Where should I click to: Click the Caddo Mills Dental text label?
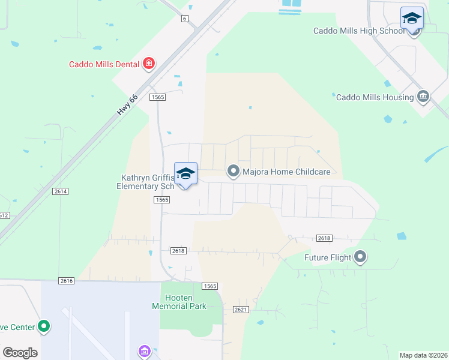click(x=104, y=64)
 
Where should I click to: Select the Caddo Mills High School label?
click(x=359, y=31)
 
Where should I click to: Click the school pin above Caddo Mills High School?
click(x=412, y=18)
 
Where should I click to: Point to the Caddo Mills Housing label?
click(x=375, y=97)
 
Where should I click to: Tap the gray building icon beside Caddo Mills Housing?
click(x=423, y=97)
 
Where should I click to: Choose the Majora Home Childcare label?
click(x=286, y=172)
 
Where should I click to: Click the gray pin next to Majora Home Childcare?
click(x=233, y=172)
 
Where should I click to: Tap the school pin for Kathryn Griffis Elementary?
click(x=185, y=174)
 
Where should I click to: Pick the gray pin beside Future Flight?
click(x=360, y=257)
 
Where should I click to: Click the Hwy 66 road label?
click(x=128, y=104)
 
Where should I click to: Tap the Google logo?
click(x=20, y=353)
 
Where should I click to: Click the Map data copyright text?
click(x=423, y=355)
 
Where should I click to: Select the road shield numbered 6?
click(x=184, y=19)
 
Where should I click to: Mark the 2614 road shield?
click(x=60, y=191)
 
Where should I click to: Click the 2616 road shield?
click(x=67, y=281)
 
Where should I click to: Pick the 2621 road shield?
click(x=240, y=309)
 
